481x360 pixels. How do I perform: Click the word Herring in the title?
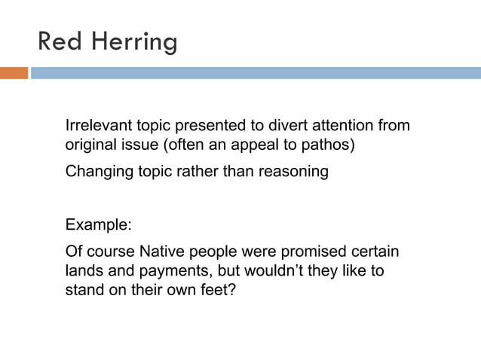point(135,41)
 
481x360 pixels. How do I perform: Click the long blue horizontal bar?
point(256,73)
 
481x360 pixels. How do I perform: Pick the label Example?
point(98,224)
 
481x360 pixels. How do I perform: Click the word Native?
point(161,251)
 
